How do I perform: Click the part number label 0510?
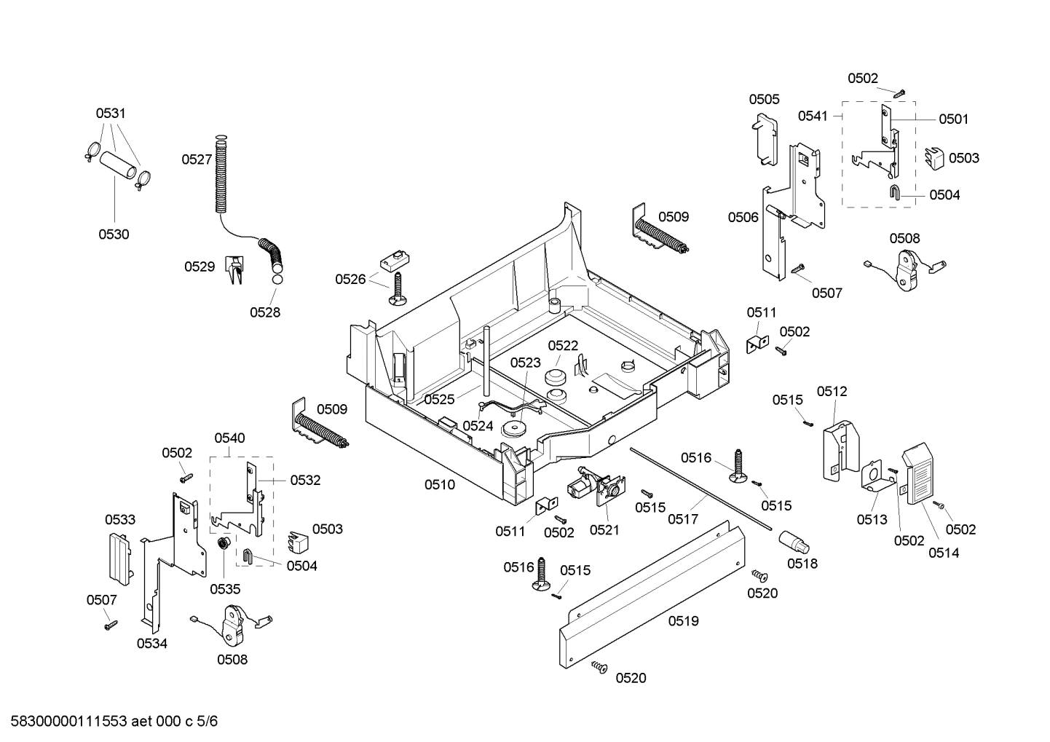[x=440, y=485]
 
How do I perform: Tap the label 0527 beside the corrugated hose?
[x=197, y=159]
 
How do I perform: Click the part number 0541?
[x=813, y=116]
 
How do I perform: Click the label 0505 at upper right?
[x=764, y=100]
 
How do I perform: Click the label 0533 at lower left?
[x=120, y=520]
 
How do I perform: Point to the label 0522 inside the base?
[x=563, y=346]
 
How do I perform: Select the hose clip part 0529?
[x=234, y=270]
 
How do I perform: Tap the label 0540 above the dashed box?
[x=229, y=438]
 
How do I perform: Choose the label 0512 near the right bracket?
[x=832, y=392]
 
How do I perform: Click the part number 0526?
[x=350, y=279]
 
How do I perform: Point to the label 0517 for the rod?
[x=683, y=519]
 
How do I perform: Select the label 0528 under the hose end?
[x=265, y=312]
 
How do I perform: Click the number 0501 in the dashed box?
[x=953, y=119]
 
